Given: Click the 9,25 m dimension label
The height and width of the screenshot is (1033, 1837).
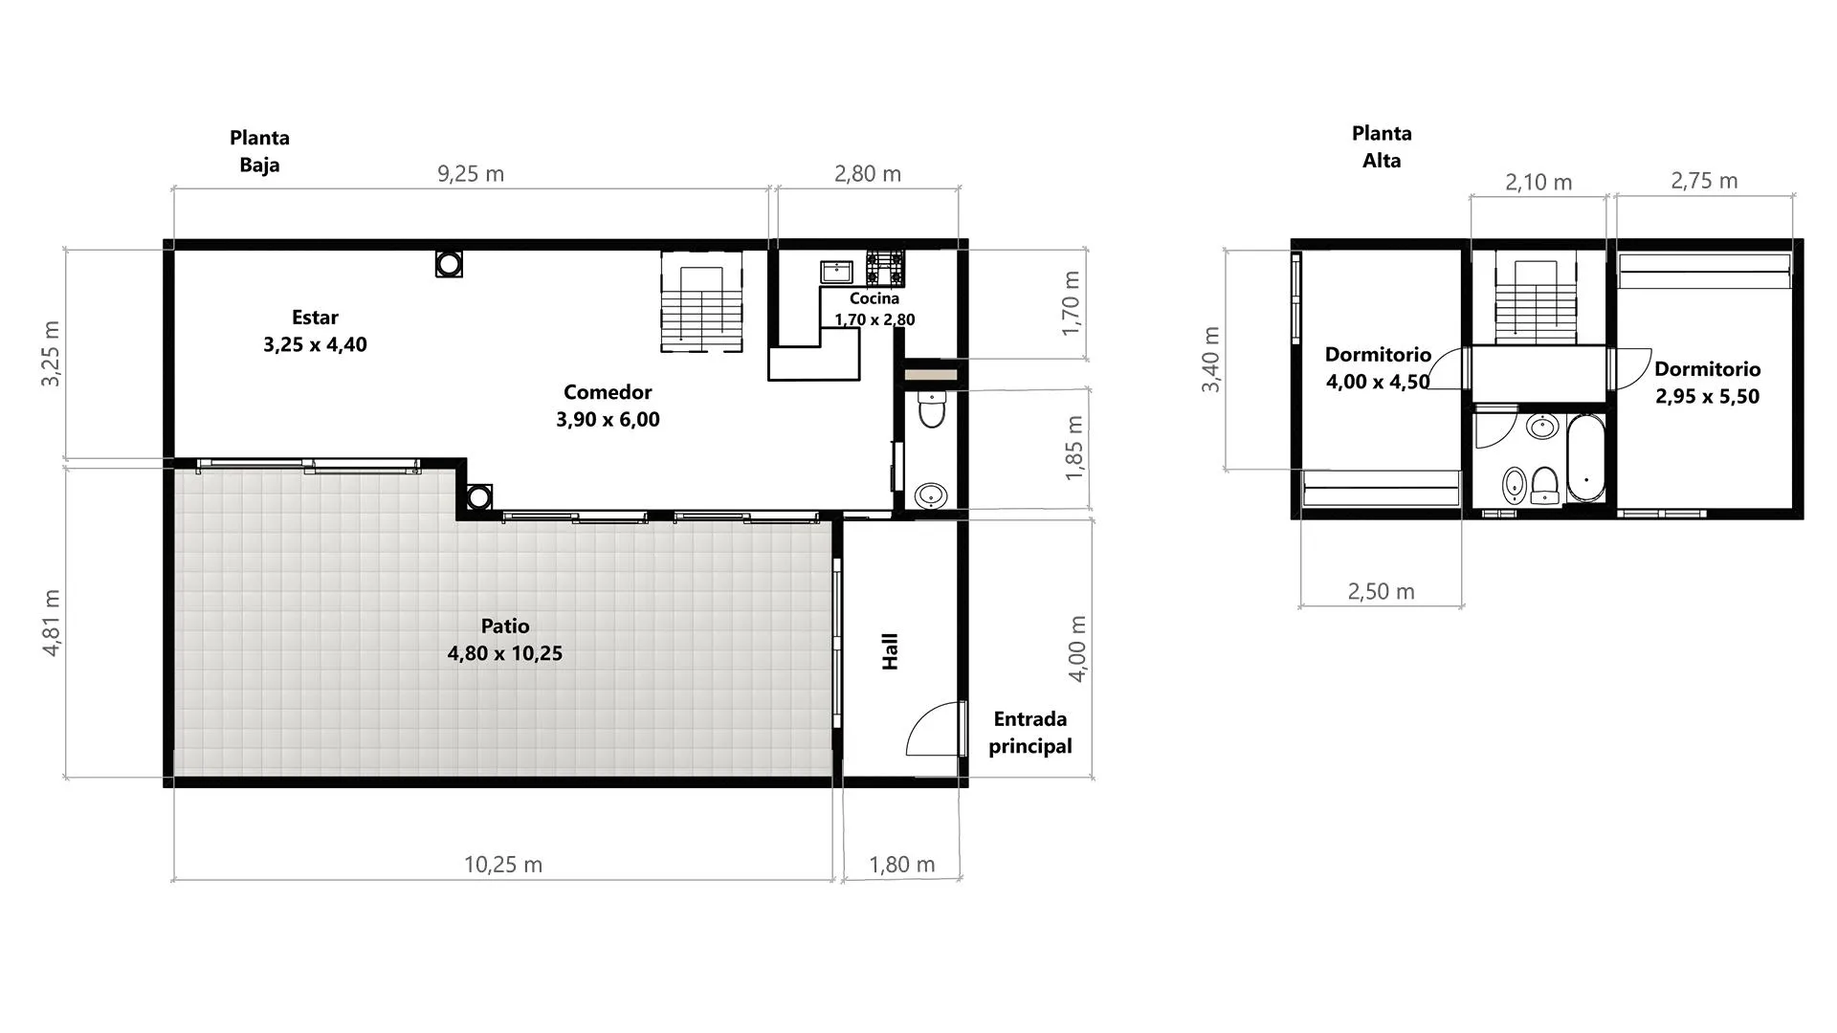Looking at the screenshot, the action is pos(471,174).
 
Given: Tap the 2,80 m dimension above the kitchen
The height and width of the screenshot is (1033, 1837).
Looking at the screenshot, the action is pos(868,174).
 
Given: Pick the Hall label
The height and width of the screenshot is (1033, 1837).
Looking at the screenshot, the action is pos(890,651).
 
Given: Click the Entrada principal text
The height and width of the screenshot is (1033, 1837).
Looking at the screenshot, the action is pos(1030,733).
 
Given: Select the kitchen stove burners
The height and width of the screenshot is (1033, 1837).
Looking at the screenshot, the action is pos(885,268).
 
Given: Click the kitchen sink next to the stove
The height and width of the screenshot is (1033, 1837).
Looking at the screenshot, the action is pos(837,272).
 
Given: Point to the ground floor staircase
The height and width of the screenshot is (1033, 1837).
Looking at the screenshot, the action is pos(701,302).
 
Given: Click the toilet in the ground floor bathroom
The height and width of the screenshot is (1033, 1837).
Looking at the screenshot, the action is pos(931,409).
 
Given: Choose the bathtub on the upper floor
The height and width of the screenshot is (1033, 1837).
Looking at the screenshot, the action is pos(1586,458).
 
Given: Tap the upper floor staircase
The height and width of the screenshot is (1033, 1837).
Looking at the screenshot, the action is pos(1537,297).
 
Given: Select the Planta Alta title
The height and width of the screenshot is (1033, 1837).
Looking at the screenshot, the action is pos(1382,147).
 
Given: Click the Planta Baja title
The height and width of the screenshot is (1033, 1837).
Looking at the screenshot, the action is pos(259,151).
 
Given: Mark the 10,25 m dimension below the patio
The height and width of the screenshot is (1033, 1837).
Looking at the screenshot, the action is pos(503,865).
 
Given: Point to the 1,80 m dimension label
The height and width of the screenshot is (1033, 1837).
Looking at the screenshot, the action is pos(901,865).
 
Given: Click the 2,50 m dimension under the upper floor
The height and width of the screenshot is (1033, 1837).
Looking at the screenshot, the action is pos(1381,592).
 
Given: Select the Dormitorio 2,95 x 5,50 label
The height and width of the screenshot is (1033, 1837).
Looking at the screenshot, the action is pos(1708,383).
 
